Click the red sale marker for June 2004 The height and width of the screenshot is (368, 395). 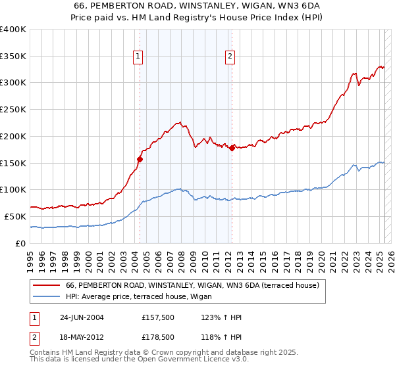[140, 158]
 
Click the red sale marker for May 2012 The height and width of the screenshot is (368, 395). [232, 148]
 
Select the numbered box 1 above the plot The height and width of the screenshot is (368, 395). [138, 57]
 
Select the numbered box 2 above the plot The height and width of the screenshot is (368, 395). [230, 57]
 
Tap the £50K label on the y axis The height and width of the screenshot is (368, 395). [16, 216]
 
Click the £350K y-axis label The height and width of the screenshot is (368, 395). [13, 57]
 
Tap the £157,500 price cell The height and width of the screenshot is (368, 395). [157, 318]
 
